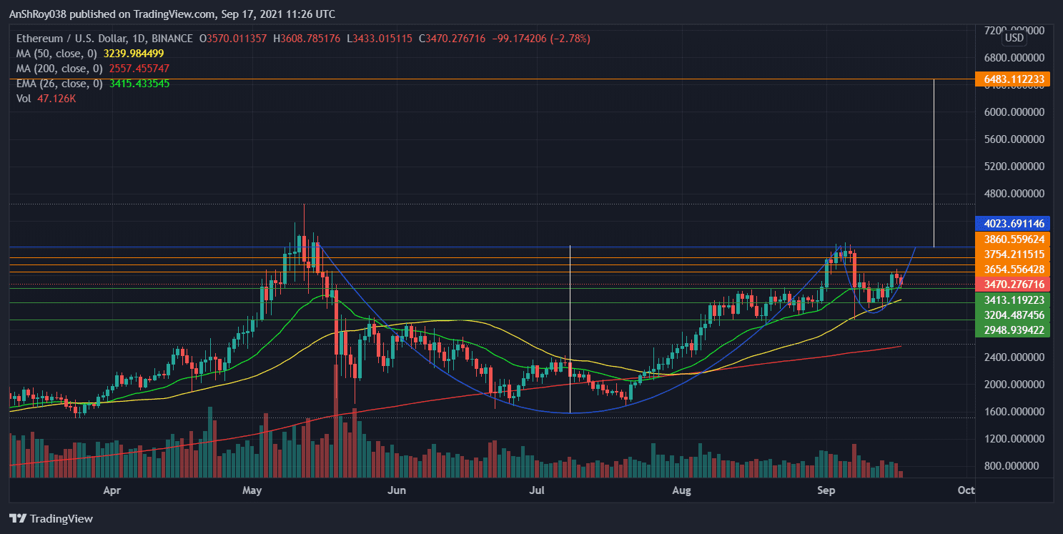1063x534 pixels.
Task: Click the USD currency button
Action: point(1014,37)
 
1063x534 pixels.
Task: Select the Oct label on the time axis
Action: point(966,490)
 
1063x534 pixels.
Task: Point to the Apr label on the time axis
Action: point(112,490)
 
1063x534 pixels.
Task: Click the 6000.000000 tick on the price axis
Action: point(1014,112)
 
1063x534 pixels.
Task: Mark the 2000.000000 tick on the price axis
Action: point(1014,385)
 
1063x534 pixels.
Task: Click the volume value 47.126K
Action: point(56,99)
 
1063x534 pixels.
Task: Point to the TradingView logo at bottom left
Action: point(51,518)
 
